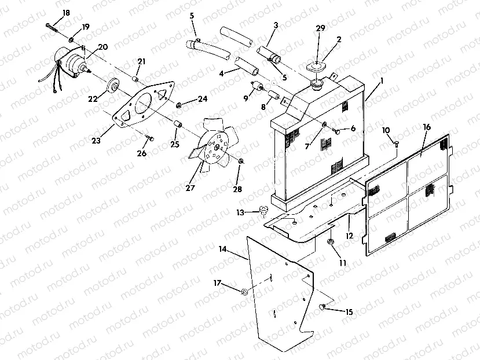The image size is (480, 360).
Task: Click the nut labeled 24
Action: tap(179, 104)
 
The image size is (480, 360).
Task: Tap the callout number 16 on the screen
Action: tap(426, 127)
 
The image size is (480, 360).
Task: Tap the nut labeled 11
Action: tap(331, 242)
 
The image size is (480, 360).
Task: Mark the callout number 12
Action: tap(350, 236)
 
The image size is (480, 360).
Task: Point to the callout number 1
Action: tap(380, 82)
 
